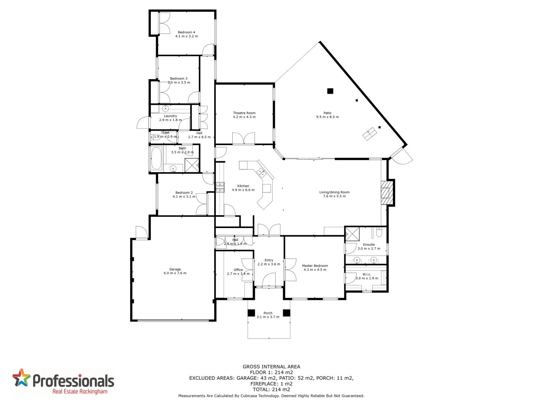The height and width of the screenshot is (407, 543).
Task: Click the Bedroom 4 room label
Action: click(x=186, y=32)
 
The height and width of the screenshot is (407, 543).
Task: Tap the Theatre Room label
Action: click(x=244, y=113)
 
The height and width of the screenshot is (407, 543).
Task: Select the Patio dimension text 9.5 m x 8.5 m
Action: click(x=327, y=117)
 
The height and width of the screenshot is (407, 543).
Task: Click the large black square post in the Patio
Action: click(x=330, y=91)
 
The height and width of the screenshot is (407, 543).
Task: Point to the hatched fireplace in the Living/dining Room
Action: click(x=385, y=193)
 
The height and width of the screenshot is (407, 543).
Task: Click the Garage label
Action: click(x=175, y=269)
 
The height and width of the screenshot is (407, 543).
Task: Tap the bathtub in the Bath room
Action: click(x=156, y=158)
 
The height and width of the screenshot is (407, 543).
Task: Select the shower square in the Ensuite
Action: click(x=353, y=234)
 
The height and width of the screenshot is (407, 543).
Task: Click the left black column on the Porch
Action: click(x=251, y=313)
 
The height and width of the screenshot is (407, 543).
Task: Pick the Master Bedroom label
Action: click(x=315, y=266)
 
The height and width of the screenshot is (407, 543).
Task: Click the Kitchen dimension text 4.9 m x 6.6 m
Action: click(x=243, y=190)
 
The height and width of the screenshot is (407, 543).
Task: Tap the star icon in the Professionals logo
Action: click(x=21, y=378)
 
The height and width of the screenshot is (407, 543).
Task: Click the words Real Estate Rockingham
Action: click(x=80, y=392)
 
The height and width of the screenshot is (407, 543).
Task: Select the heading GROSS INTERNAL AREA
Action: click(x=271, y=367)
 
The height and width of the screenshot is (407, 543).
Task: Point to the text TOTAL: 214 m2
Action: click(x=271, y=390)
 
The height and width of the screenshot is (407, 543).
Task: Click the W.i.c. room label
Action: click(x=367, y=274)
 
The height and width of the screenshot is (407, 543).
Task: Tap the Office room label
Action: click(x=238, y=270)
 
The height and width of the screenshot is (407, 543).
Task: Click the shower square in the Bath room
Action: click(x=192, y=165)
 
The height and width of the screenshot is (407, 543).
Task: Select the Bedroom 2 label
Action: click(x=184, y=193)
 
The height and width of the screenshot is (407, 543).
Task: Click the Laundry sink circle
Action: click(x=165, y=109)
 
